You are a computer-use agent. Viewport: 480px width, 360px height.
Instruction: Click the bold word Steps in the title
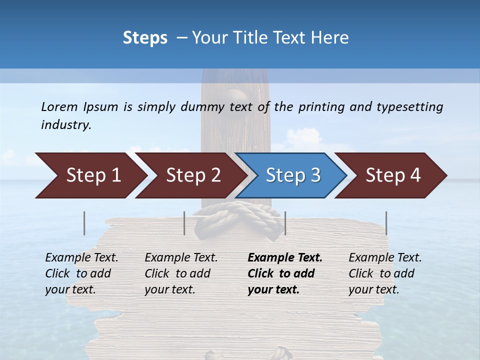click(145, 38)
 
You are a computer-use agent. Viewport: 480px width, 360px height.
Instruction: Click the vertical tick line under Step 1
click(84, 223)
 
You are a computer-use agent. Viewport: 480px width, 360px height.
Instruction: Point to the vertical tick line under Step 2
click(184, 223)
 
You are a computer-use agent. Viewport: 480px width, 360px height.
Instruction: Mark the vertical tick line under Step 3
click(285, 223)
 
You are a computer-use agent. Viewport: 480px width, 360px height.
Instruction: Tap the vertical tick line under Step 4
click(386, 223)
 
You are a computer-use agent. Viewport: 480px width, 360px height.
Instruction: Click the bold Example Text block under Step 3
click(285, 273)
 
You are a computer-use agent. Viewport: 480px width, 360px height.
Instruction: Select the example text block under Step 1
click(81, 273)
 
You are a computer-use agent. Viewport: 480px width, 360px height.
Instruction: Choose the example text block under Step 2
click(181, 273)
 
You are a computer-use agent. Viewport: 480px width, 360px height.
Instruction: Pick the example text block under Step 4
click(385, 273)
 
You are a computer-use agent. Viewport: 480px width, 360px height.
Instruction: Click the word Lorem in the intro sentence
click(59, 107)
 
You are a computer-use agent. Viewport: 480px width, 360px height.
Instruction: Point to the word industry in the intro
click(66, 125)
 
